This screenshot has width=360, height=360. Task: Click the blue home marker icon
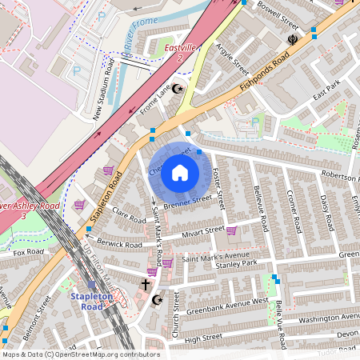pyautogui.click(x=180, y=172)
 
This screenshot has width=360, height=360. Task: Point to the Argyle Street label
pyautogui.click(x=232, y=63)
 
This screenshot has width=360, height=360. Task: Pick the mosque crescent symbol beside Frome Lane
pyautogui.click(x=178, y=89)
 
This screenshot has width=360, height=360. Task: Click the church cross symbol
pyautogui.click(x=146, y=284)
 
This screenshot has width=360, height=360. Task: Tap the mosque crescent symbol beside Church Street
pyautogui.click(x=157, y=300)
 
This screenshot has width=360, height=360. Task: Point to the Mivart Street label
pyautogui.click(x=204, y=232)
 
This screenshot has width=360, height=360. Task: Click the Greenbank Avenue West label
pyautogui.click(x=227, y=305)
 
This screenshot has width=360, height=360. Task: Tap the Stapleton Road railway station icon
pyautogui.click(x=92, y=285)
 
